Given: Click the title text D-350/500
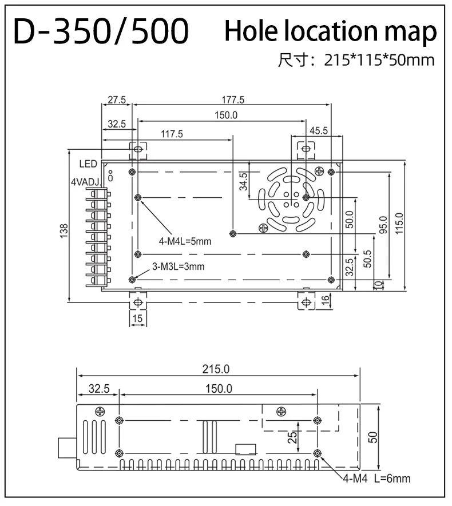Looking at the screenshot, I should click(101, 32).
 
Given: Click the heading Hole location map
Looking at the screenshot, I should click(330, 31).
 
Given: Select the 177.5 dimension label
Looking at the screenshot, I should click(233, 99).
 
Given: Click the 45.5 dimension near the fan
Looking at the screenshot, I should click(319, 130).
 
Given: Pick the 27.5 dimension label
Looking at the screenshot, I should click(116, 99).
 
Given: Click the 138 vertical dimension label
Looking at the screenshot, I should click(64, 229).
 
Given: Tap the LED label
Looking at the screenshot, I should click(88, 164).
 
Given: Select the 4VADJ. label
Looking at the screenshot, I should click(86, 182).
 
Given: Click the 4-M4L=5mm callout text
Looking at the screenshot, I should click(185, 241).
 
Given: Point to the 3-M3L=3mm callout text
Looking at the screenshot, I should click(178, 266).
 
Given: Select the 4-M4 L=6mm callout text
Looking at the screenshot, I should click(376, 479).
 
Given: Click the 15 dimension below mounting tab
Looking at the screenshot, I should click(137, 318).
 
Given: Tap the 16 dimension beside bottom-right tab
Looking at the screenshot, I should click(326, 300).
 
